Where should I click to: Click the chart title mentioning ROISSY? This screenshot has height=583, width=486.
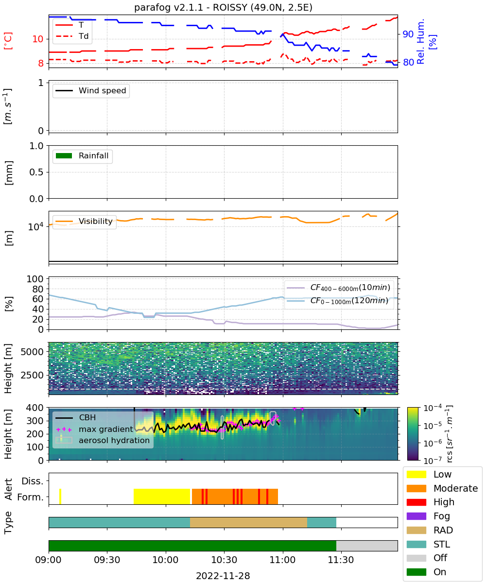click(x=223, y=7)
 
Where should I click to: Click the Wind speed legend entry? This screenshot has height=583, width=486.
click(x=91, y=90)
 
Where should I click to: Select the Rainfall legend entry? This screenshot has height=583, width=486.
click(x=82, y=155)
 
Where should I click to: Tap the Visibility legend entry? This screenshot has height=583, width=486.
click(x=84, y=221)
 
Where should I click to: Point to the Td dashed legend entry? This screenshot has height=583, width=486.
click(x=72, y=36)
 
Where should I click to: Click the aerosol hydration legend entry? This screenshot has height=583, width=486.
click(x=103, y=440)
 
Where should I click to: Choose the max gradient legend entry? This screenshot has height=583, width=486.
click(x=95, y=429)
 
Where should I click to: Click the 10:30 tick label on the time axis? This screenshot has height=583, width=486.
click(x=224, y=559)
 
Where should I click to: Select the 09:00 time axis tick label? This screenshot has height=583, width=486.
click(x=49, y=559)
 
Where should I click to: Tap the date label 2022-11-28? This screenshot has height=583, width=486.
click(x=223, y=575)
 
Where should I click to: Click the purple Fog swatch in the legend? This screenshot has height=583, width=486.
click(x=416, y=516)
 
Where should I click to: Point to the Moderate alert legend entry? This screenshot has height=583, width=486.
click(x=442, y=488)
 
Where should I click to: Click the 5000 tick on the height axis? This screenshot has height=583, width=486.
click(x=32, y=352)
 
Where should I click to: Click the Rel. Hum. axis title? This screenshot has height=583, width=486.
click(x=421, y=41)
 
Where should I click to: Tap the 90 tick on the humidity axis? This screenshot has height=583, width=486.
click(x=408, y=34)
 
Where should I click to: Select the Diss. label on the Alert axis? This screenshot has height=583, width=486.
click(x=33, y=481)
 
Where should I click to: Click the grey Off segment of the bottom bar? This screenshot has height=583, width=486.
click(x=367, y=546)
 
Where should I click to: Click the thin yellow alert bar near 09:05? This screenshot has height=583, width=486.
click(x=60, y=497)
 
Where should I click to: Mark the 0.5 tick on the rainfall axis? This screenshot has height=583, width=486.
click(x=36, y=172)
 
